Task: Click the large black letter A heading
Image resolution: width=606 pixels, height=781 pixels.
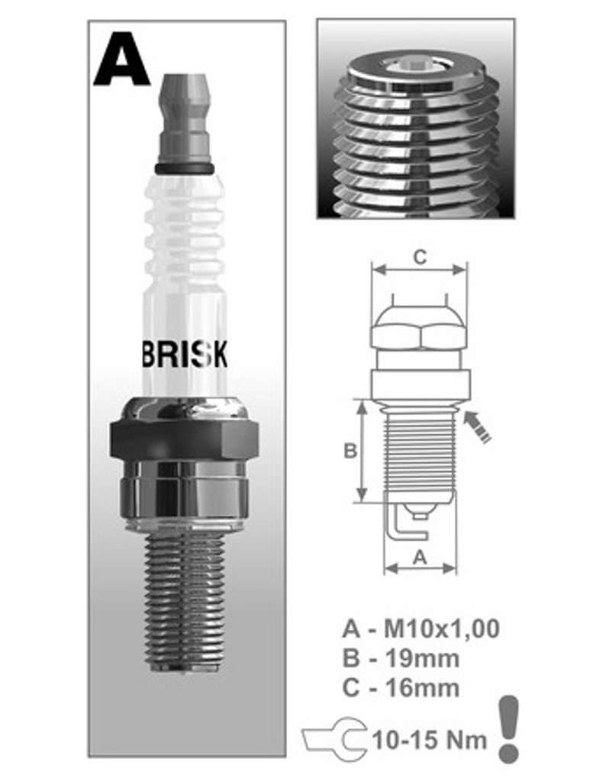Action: pos(121,58)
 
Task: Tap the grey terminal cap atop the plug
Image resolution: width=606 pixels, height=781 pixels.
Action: pos(185,120)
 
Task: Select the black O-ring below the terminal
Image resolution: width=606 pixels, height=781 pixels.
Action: pos(185,169)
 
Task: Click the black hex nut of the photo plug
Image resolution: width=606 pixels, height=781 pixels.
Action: pos(185,439)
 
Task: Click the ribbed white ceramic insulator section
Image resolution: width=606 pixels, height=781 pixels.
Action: pos(185,234)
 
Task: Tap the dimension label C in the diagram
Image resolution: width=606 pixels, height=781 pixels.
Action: pos(420,257)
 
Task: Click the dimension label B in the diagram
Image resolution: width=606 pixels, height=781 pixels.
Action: pos(350,451)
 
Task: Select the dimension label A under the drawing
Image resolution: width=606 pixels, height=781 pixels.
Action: pos(421,557)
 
